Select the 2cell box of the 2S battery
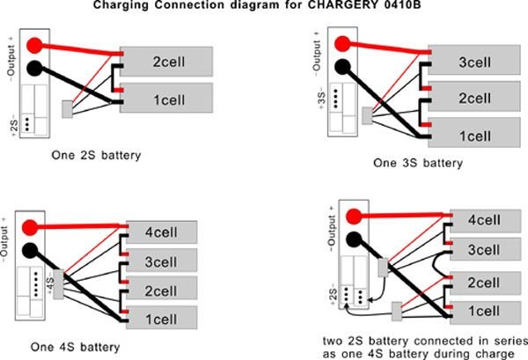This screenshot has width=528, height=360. [x=166, y=63]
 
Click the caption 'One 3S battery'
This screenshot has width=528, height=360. [x=417, y=163]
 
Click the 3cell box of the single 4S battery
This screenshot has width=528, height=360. [x=162, y=262]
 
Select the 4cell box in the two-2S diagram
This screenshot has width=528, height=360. [x=485, y=220]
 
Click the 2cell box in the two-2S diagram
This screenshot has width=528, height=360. [x=485, y=282]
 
